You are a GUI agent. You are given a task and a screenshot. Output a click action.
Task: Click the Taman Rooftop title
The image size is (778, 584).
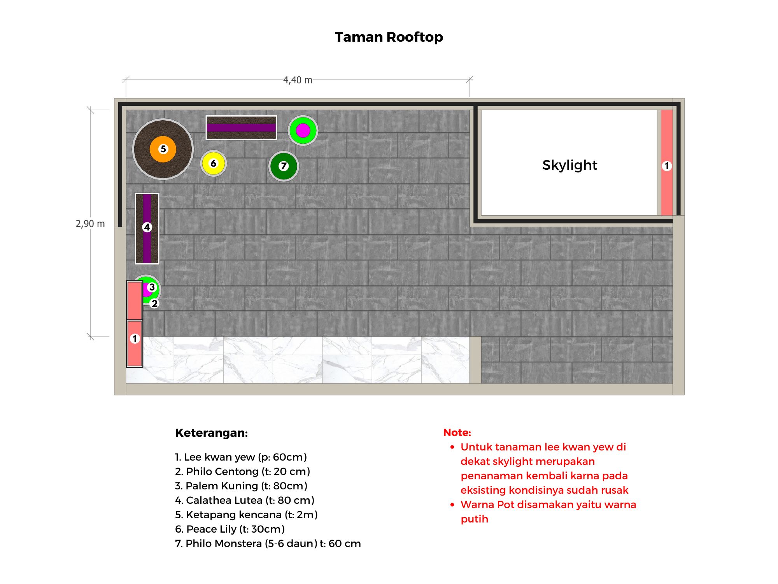389,37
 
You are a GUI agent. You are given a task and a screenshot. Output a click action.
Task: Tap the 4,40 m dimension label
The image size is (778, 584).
298,80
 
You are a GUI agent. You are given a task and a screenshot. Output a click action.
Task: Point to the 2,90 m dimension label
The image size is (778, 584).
90,224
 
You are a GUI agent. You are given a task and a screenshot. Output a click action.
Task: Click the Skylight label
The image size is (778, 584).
569,165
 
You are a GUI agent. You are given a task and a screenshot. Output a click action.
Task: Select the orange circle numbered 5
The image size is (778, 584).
163,149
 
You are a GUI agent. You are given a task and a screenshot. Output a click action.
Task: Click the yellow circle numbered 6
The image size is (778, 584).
213,163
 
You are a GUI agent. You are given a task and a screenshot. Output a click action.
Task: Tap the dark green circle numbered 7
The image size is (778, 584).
284,166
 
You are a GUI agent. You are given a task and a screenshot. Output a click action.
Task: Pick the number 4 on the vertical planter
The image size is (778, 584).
147,227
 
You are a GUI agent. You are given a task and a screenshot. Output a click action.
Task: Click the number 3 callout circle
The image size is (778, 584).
152,287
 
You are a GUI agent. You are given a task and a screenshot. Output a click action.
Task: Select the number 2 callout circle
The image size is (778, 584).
154,304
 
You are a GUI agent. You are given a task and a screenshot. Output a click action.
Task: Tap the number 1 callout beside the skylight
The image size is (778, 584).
667,166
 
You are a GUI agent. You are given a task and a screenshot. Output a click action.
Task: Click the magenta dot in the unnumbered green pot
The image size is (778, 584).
303,130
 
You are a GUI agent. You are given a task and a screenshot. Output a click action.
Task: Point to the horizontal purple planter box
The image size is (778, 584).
241,127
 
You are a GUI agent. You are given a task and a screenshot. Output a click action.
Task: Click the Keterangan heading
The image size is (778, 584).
211,433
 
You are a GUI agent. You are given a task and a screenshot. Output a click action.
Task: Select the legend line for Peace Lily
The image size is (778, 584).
230,529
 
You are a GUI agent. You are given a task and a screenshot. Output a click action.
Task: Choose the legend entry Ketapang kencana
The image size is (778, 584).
246,515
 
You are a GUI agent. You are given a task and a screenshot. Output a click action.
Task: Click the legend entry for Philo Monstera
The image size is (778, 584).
268,544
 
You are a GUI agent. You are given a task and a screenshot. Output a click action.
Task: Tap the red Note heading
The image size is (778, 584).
457,433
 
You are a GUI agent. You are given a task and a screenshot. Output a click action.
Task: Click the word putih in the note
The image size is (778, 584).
474,519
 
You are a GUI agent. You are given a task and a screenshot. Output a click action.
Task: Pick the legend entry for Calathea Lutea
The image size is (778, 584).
245,500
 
